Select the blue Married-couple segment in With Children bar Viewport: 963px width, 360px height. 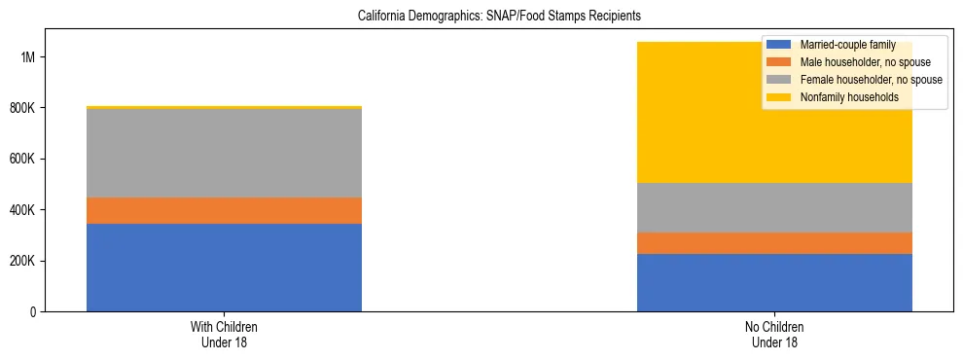(x=224, y=268)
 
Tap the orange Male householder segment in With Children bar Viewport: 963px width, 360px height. (x=224, y=210)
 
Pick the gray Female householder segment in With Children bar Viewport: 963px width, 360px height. (x=224, y=153)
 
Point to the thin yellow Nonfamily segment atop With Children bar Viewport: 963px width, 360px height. (x=224, y=107)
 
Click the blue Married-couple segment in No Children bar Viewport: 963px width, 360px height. (x=774, y=282)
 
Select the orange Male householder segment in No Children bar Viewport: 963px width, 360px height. (x=774, y=243)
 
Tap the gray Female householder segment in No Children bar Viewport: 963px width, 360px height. (x=774, y=207)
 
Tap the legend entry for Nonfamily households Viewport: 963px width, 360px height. (x=842, y=97)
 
